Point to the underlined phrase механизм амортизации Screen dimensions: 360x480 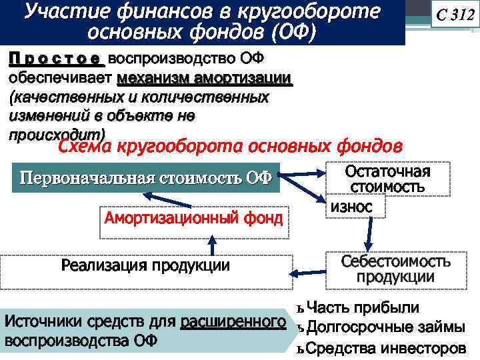(204, 78)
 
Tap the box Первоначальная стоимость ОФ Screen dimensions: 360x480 (146, 178)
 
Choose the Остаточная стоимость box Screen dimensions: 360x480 (387, 179)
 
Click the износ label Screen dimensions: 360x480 (347, 207)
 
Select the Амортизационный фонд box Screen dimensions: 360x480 (193, 218)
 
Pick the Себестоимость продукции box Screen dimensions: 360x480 (396, 269)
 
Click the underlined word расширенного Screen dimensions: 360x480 (229, 322)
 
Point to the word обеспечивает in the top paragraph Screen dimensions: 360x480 (61, 78)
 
